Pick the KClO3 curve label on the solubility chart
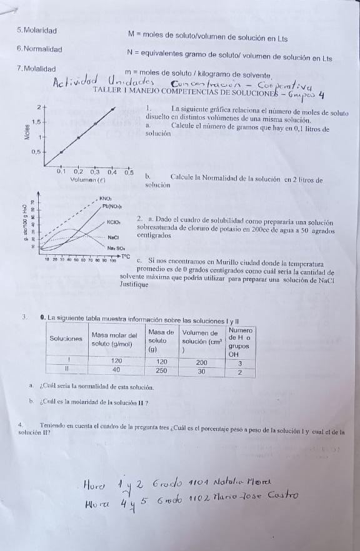pos(114,222)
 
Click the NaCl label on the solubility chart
pos(112,237)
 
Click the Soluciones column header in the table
pos(66,338)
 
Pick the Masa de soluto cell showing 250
pos(161,370)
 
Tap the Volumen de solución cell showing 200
pos(201,362)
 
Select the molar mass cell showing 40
pos(116,370)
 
